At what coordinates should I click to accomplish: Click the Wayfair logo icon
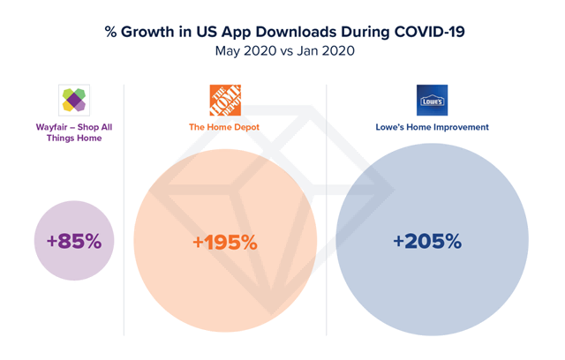[x=74, y=100]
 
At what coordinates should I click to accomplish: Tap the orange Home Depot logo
[x=225, y=101]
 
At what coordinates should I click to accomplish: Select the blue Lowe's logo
[x=432, y=101]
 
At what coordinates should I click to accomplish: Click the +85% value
[x=74, y=240]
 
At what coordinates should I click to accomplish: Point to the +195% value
[x=225, y=242]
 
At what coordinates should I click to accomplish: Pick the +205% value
[x=427, y=241]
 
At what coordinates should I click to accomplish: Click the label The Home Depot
[x=225, y=127]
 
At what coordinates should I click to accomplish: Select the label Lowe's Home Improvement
[x=433, y=127]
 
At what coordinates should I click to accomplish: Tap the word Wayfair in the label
[x=51, y=127]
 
